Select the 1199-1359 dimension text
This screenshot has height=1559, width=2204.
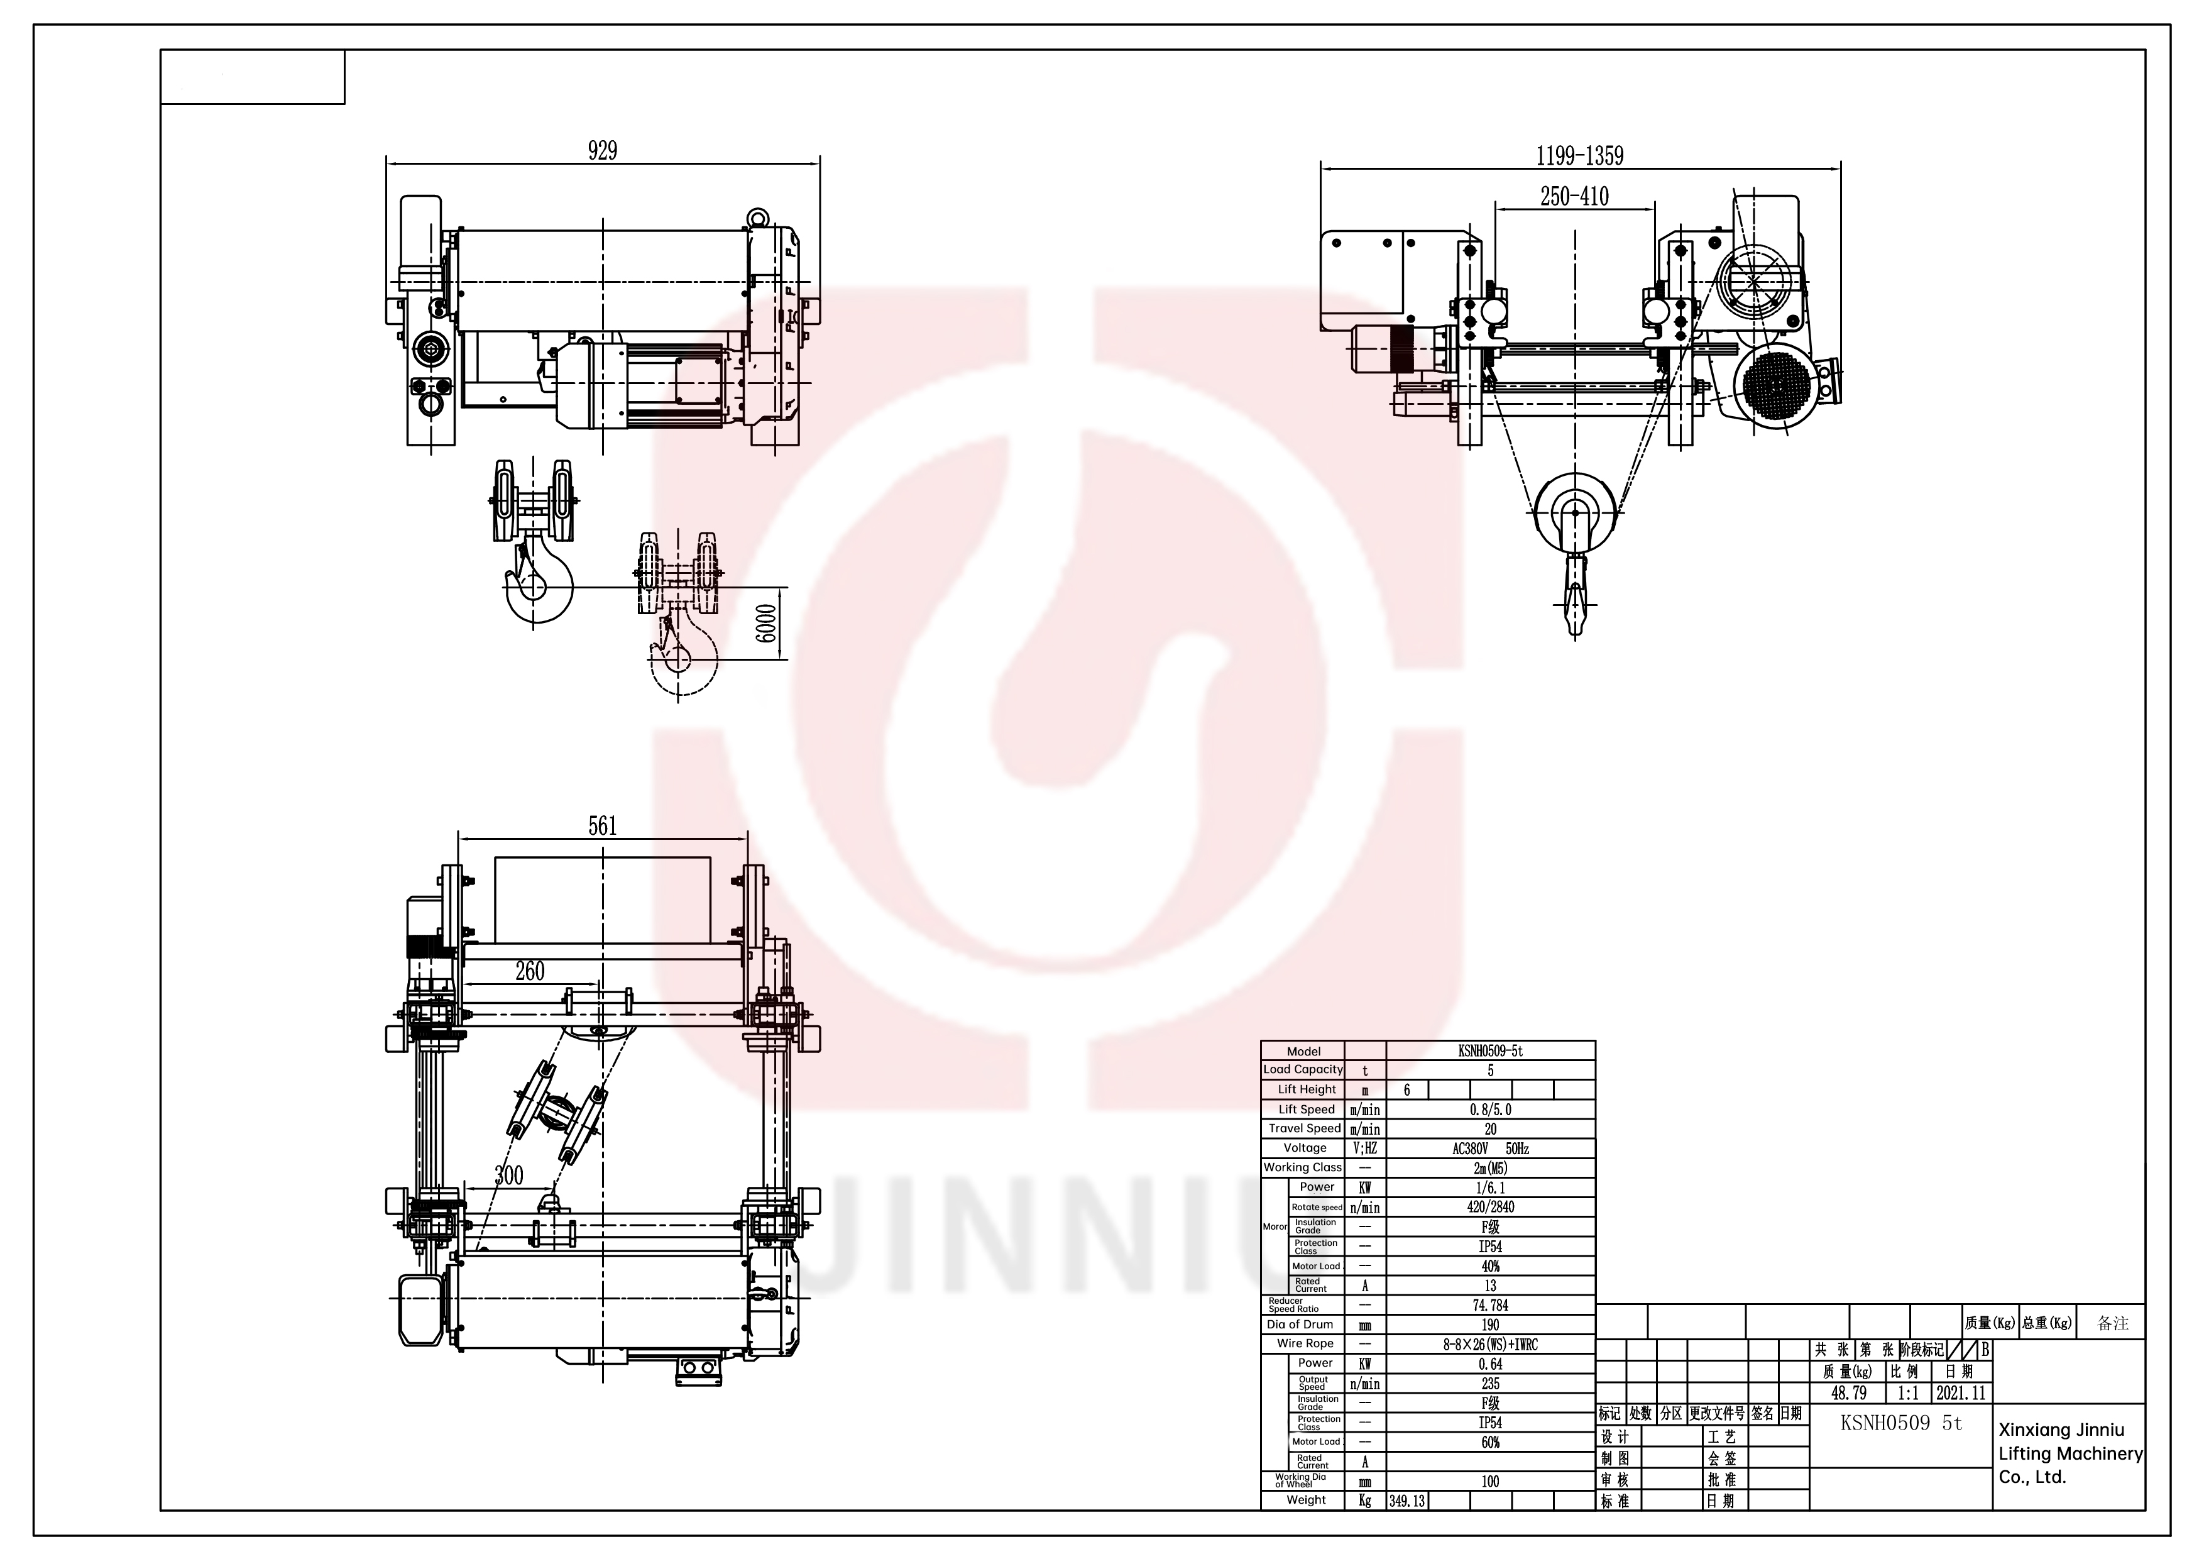pos(1579,155)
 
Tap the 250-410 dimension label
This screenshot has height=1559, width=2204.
pos(1574,196)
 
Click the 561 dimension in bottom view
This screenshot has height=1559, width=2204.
pos(602,825)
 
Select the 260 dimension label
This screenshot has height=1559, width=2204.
pos(530,971)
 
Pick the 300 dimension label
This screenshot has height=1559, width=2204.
pos(509,1175)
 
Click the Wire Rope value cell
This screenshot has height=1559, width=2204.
pos(1490,1345)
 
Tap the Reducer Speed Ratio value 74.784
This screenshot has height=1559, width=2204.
pos(1490,1306)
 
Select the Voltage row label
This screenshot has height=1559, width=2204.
pos(1303,1148)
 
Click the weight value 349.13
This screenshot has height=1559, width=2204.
pos(1406,1501)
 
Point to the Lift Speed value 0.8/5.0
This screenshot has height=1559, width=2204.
pos(1490,1110)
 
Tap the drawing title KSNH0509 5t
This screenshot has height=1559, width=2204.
pos(1900,1424)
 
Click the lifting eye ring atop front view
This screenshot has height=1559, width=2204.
pos(759,217)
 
